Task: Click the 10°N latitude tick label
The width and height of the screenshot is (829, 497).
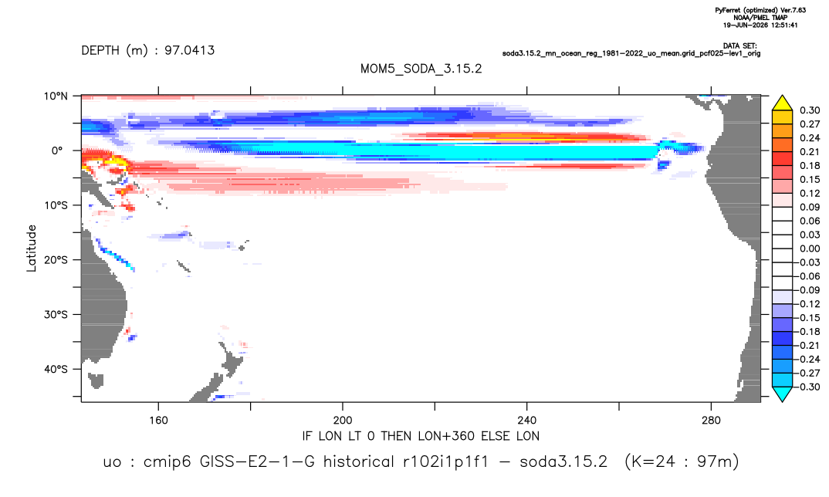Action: [56, 96]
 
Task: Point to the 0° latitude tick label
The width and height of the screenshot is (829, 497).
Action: [57, 150]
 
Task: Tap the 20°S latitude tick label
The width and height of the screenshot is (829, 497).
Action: [56, 259]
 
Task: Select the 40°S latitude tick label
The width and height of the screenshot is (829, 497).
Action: [56, 369]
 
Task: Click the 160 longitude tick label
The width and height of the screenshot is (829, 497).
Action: [158, 421]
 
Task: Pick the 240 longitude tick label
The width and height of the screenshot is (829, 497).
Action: [526, 421]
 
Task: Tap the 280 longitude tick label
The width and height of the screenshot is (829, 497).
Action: [711, 421]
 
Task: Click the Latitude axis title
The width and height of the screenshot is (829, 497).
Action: [32, 248]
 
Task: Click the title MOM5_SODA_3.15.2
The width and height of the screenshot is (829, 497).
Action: [421, 69]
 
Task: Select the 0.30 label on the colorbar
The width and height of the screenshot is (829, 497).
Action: [810, 110]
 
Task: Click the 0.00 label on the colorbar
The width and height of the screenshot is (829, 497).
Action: [810, 248]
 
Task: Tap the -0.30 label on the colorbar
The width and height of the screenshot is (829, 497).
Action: [807, 387]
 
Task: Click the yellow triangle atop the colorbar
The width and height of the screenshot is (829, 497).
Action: [782, 103]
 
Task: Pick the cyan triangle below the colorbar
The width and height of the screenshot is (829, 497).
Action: [782, 394]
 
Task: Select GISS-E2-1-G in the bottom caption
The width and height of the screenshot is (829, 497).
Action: [257, 461]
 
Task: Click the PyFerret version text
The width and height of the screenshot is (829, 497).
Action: [760, 10]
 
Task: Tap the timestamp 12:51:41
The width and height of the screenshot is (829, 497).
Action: [783, 25]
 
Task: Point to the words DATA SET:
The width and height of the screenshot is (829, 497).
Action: [739, 46]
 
